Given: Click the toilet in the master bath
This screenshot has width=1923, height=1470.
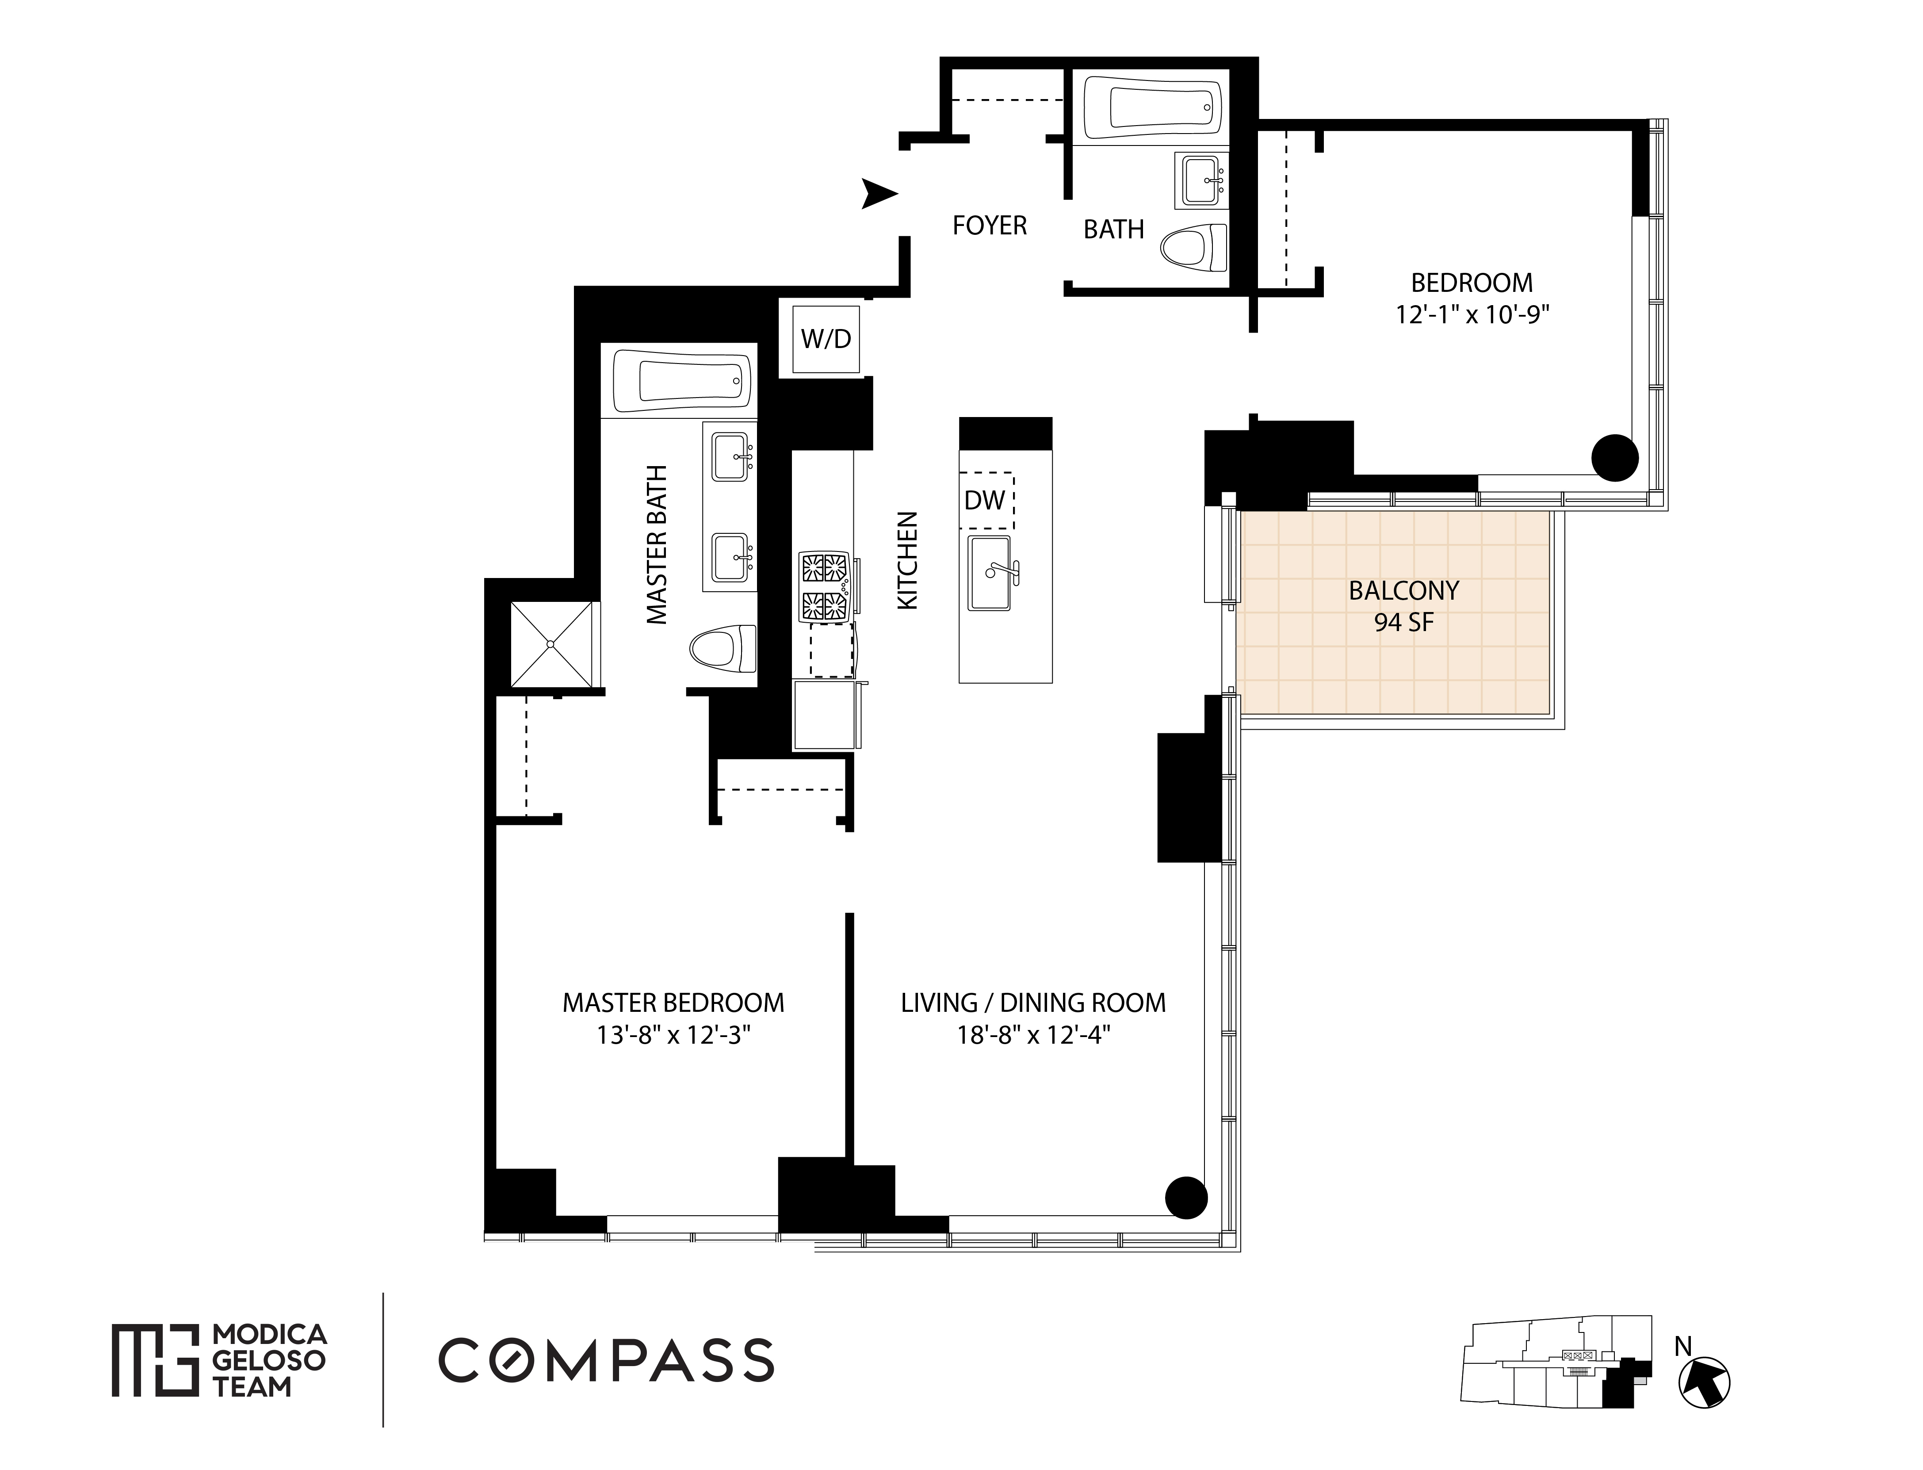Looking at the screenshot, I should point(723,648).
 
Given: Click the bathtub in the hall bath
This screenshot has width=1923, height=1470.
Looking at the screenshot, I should point(1153,108).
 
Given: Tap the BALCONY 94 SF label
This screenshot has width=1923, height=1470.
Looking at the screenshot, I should point(1403,605).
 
